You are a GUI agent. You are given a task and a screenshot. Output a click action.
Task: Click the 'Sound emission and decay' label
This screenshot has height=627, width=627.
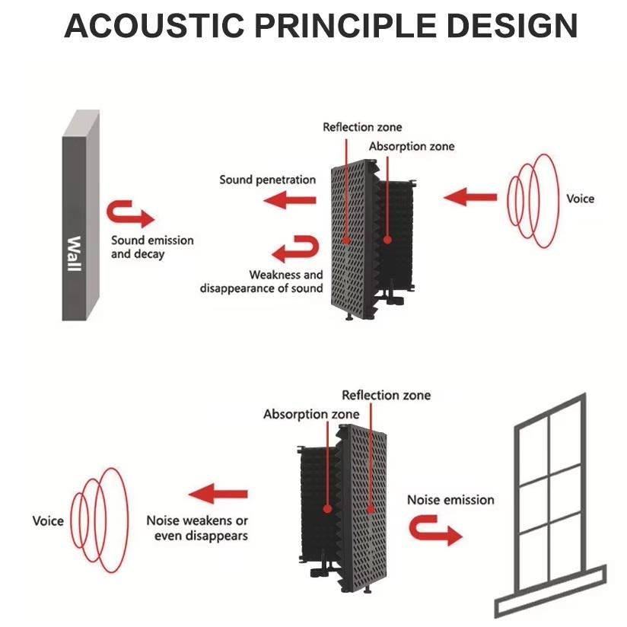click(152, 247)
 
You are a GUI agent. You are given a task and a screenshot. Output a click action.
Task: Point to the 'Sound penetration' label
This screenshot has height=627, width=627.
click(267, 180)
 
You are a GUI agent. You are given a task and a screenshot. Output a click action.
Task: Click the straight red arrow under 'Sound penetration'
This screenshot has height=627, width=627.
click(290, 201)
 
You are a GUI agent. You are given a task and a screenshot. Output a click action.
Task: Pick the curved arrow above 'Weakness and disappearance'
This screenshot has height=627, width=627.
click(294, 250)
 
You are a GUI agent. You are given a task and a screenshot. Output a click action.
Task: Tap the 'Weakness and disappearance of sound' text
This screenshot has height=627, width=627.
click(262, 282)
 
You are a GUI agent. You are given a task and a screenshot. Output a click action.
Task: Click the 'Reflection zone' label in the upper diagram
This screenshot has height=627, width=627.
click(362, 127)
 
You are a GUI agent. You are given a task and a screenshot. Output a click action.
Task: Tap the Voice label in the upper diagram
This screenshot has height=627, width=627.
click(580, 199)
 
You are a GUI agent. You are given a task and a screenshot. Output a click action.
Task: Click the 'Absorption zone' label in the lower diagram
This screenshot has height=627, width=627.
click(301, 415)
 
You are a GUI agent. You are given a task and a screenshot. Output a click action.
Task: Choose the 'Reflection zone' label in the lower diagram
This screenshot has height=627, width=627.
click(386, 395)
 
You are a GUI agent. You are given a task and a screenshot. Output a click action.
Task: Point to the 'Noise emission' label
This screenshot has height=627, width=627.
click(450, 500)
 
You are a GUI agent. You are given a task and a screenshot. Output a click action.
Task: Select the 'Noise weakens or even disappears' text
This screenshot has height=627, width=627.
click(197, 528)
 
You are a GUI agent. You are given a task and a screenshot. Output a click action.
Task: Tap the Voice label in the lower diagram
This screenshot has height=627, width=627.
click(48, 521)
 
